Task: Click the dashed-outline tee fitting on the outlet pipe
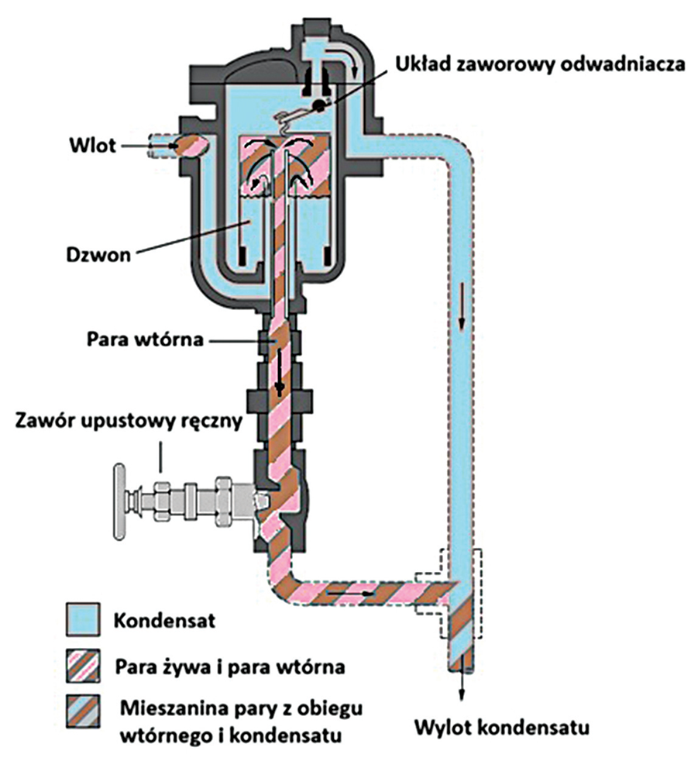(x=449, y=593)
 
